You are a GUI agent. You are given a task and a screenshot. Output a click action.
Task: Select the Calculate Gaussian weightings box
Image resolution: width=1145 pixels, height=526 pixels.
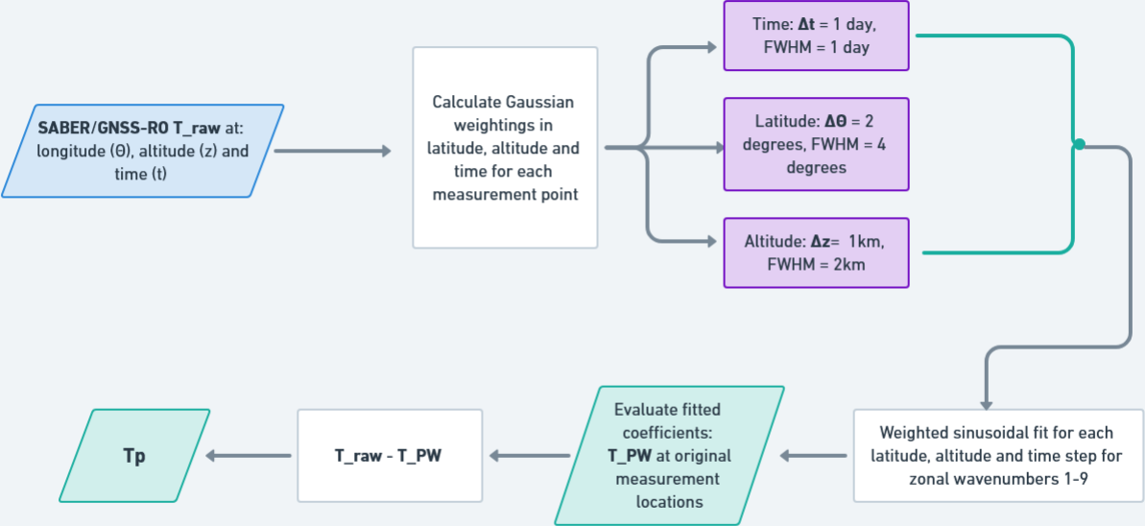tap(505, 147)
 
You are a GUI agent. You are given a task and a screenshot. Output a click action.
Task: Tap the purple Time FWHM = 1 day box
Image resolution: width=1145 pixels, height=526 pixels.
tap(816, 37)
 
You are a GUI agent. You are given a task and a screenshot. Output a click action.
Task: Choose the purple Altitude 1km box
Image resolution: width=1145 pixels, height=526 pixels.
tap(816, 252)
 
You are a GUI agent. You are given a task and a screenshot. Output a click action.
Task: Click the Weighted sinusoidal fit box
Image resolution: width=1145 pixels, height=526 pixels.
tap(998, 456)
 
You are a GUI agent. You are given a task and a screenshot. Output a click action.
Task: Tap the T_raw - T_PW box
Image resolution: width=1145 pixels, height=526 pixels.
tap(390, 456)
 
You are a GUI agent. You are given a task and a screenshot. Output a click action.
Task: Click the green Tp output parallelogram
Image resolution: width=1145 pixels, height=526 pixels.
tap(134, 456)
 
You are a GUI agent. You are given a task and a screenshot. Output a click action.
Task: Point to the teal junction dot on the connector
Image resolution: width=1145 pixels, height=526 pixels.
tap(1079, 145)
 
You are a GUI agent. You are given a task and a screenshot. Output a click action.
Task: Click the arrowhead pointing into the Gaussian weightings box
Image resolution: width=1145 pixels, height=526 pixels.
tap(386, 152)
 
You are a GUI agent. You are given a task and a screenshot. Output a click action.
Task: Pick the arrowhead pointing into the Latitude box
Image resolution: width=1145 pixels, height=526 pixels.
tap(715, 148)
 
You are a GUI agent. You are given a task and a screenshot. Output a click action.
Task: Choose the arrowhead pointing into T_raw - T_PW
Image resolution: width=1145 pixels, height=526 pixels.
tap(496, 457)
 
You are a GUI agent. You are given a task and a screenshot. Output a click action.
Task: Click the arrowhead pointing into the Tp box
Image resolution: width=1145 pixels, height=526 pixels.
tap(214, 457)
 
